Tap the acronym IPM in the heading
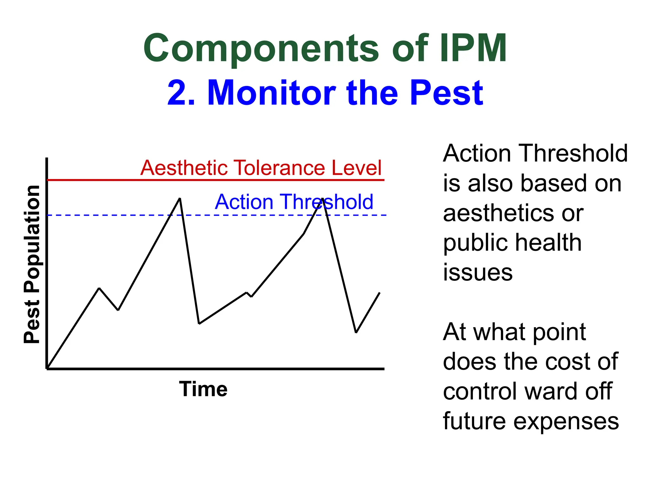(x=473, y=49)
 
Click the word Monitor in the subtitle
(x=271, y=93)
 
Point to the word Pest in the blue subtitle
(x=446, y=93)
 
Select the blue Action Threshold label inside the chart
(x=294, y=202)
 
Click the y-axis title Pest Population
(x=32, y=264)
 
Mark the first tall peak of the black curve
(x=180, y=199)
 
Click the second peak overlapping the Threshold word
(x=322, y=199)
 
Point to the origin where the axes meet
(x=47, y=369)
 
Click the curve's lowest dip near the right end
(x=356, y=332)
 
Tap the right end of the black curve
(x=379, y=293)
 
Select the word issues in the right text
(x=478, y=272)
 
